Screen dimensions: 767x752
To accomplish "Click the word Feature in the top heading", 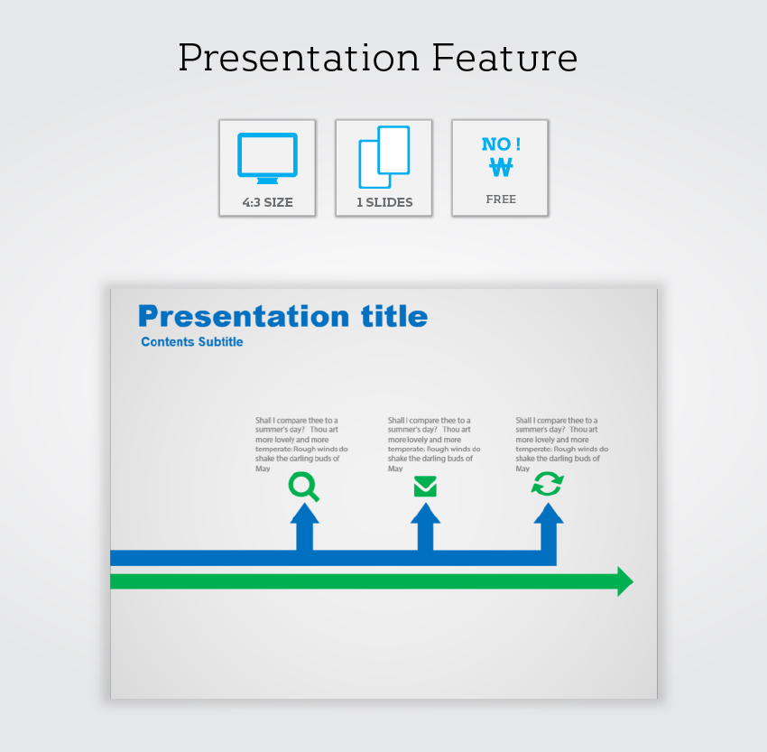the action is pos(504,58).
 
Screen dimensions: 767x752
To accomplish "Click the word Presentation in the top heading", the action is pos(299,59).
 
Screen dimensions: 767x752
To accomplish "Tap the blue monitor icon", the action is pos(268,158).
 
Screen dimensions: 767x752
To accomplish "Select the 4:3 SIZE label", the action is pos(268,202).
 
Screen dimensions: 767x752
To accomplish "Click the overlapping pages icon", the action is pos(384,157).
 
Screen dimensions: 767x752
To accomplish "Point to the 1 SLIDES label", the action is pos(384,202).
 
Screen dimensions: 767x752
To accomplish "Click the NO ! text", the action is pos(501,144).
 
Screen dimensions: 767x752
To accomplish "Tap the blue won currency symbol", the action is pos(501,167).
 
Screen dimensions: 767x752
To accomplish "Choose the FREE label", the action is pos(501,200).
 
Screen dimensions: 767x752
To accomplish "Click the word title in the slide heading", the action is pos(394,316).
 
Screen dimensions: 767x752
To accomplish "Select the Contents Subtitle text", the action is pos(191,341).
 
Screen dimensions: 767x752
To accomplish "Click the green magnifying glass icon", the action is pos(304,487).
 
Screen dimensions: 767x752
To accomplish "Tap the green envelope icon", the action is pos(425,487).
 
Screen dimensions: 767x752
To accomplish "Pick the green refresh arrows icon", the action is pos(548,484).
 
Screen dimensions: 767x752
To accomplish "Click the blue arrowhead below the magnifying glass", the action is pos(305,514).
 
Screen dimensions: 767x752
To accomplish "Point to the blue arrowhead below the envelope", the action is pos(425,514).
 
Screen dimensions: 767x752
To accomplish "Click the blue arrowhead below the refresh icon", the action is pos(549,514).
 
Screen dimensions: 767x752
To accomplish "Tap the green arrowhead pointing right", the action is pos(625,581).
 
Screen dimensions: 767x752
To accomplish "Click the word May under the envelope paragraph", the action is pos(395,469).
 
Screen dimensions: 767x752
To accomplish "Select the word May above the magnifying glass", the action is pos(263,469).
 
